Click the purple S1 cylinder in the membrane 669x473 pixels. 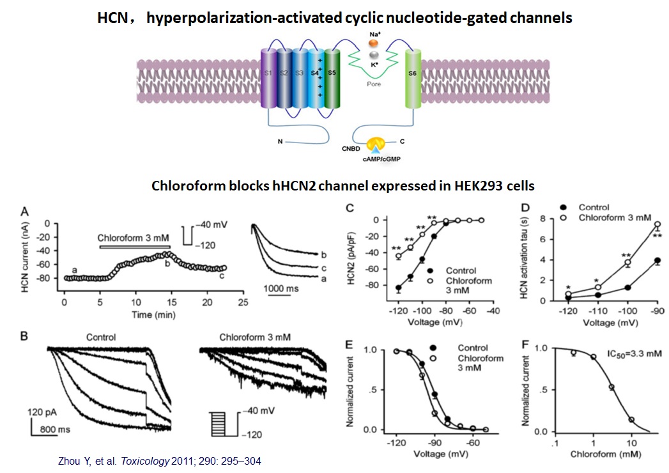(x=268, y=77)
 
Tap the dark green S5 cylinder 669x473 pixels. (x=332, y=77)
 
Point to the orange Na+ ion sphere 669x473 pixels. (x=374, y=43)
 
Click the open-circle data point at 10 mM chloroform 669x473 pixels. (x=632, y=420)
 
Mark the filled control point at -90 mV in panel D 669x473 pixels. (x=657, y=261)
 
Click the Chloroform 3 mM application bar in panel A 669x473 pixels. (x=134, y=246)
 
